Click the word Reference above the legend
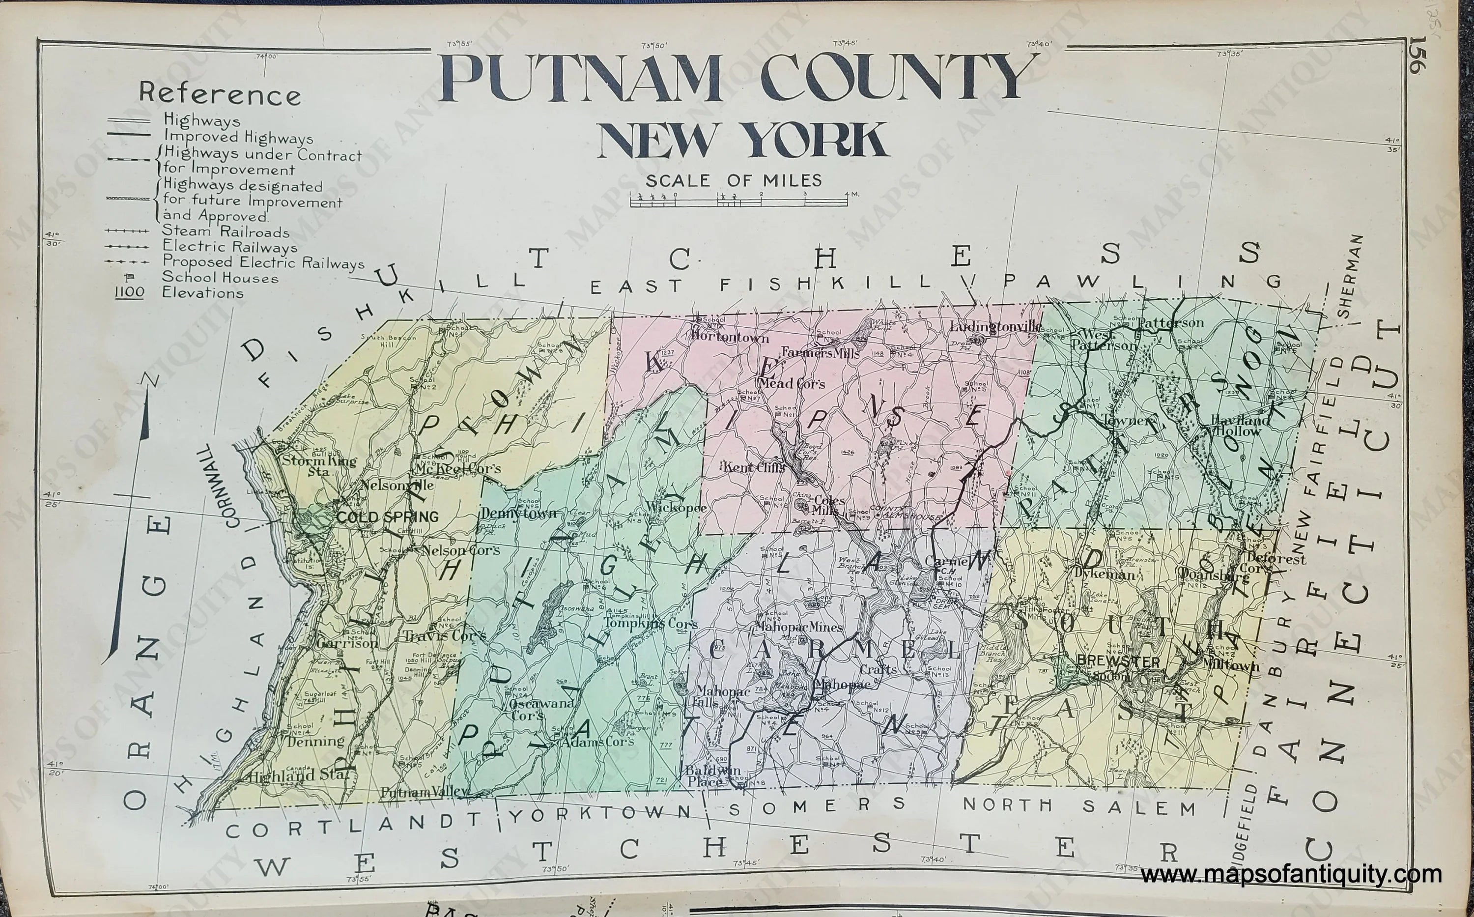coord(220,95)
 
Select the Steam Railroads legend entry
coord(225,231)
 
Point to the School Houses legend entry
coord(220,278)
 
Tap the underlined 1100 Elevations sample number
coord(128,293)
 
